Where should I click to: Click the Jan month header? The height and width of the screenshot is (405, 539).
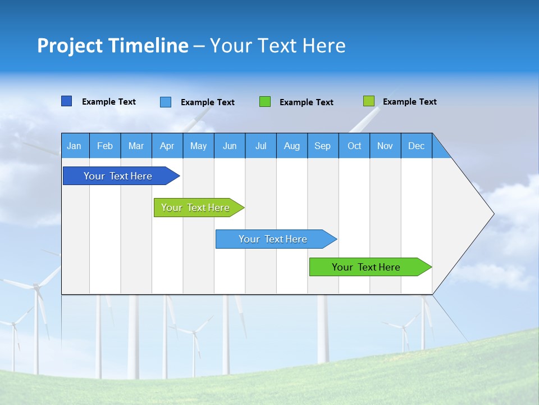(x=75, y=146)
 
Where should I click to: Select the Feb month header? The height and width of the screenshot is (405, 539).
(x=105, y=146)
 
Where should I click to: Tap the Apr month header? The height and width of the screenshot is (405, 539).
(x=167, y=146)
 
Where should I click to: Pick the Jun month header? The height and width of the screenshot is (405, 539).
(x=230, y=146)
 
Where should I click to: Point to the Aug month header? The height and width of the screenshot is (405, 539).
(x=292, y=146)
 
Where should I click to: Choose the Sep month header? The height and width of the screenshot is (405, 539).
(x=323, y=146)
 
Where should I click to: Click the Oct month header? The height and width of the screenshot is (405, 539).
(x=354, y=146)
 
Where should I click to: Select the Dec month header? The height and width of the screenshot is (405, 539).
(x=417, y=146)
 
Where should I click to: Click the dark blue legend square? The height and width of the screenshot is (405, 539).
(x=67, y=101)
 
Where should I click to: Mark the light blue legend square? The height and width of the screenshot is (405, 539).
(x=166, y=102)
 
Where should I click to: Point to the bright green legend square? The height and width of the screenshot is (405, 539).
(x=265, y=102)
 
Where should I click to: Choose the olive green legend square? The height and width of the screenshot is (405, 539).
(x=369, y=101)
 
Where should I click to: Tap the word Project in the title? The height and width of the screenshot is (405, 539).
(x=69, y=46)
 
